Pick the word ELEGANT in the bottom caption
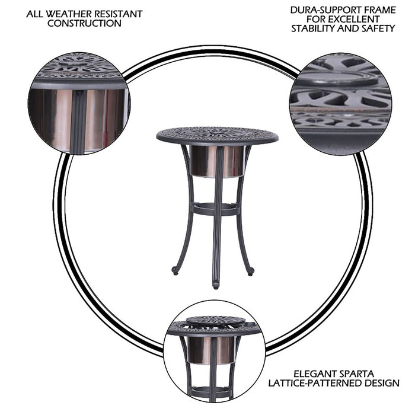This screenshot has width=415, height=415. point(296,374)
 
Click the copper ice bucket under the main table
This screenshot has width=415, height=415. point(216,161)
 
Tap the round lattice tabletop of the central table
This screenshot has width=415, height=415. point(217,135)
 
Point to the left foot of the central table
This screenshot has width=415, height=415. point(175,271)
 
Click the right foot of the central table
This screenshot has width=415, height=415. point(251,271)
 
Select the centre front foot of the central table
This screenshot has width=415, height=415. point(215,285)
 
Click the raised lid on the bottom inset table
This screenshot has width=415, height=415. point(216,321)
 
